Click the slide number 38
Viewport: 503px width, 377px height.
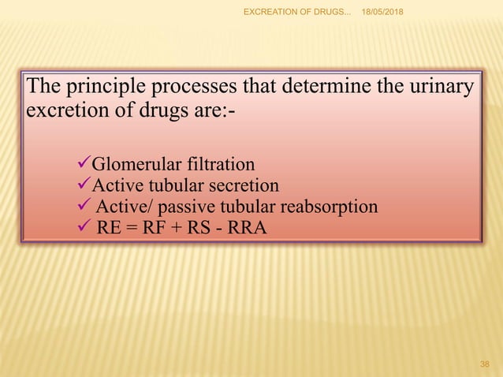coord(485,364)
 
